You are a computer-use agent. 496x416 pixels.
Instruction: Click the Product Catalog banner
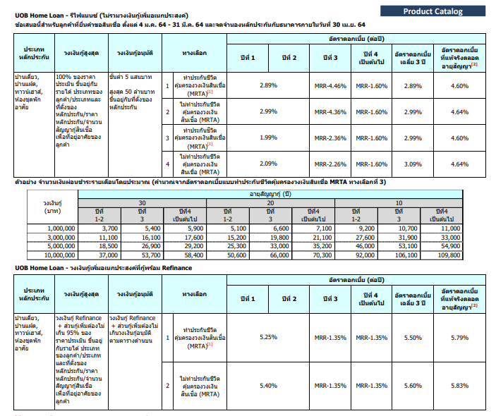pos(433,11)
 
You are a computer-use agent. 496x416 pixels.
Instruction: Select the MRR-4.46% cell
pos(330,85)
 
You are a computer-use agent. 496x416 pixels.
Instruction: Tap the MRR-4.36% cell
pos(330,112)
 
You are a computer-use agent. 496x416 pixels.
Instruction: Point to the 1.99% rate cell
pos(268,137)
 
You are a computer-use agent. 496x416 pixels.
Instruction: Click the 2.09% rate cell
pos(268,164)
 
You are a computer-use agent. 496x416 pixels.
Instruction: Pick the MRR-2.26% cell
pos(330,164)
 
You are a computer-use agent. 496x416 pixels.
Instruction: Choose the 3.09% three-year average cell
pos(413,164)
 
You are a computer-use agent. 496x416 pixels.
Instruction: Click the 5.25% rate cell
pos(268,337)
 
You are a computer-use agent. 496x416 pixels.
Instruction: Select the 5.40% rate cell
pos(268,386)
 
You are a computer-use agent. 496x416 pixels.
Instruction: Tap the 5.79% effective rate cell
pos(459,338)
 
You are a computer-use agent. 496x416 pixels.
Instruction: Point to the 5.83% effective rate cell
pos(459,386)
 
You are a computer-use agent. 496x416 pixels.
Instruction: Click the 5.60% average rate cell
pos(413,386)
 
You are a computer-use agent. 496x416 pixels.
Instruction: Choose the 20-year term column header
pos(270,203)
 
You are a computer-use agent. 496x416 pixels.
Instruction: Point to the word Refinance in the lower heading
pos(177,268)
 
